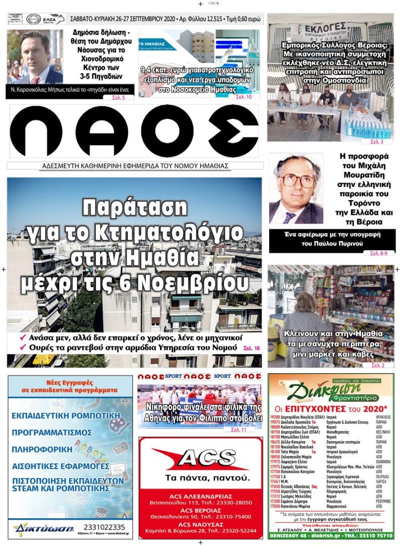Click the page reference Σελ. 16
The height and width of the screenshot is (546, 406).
251,348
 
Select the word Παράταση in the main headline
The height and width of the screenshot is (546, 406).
134,208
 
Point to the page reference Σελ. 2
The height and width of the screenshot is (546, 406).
378,365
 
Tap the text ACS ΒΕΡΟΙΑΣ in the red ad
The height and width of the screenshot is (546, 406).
200,511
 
